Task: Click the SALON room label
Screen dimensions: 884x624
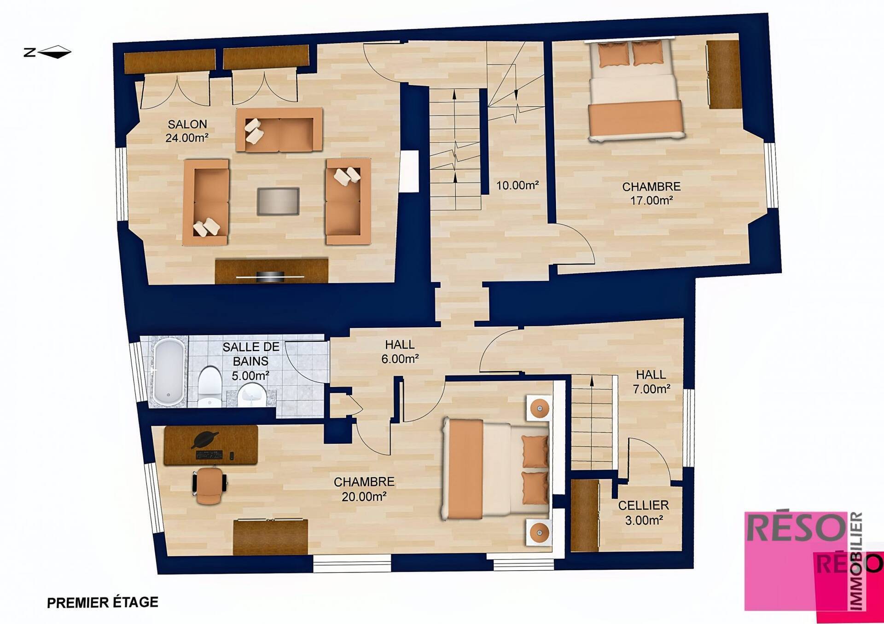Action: (187, 124)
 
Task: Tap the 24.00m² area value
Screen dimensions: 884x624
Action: (187, 138)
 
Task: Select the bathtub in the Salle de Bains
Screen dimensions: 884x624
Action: (169, 372)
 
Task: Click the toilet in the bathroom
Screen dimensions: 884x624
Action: (209, 387)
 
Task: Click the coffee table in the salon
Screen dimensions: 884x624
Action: (278, 201)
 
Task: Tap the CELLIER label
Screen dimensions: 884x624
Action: (643, 505)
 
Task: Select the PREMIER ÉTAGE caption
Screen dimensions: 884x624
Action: (103, 602)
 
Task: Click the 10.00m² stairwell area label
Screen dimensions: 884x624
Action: (518, 185)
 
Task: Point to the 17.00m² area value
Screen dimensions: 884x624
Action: (651, 201)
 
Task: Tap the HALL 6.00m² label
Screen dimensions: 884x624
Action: (400, 352)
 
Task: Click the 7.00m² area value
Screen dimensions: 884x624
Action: (651, 389)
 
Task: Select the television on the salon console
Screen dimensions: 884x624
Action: (271, 276)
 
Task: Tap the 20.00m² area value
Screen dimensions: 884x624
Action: (364, 497)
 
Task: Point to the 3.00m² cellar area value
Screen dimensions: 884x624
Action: (644, 520)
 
